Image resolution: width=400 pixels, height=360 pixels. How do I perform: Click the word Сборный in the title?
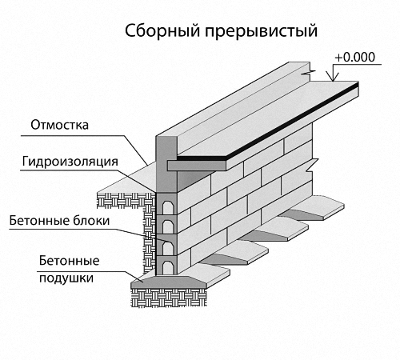(x=162, y=31)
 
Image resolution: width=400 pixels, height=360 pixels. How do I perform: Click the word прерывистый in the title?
(x=262, y=32)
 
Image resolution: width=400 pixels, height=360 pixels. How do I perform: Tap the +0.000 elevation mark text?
(x=355, y=57)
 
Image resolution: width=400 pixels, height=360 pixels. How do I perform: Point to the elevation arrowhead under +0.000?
(x=333, y=78)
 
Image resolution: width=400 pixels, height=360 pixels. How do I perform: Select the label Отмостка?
(x=59, y=125)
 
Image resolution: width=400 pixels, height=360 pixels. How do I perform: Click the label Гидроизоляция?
(x=70, y=162)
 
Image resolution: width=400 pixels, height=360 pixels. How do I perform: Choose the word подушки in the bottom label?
(x=66, y=278)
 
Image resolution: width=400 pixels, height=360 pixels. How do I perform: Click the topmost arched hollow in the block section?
(x=167, y=207)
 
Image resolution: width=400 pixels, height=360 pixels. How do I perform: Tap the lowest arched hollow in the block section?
(x=167, y=267)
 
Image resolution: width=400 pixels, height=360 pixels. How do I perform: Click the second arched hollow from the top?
(x=167, y=227)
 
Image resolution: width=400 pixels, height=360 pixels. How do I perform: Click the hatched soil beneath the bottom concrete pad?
(x=169, y=298)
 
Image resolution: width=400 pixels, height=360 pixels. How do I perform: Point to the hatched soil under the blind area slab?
(x=126, y=200)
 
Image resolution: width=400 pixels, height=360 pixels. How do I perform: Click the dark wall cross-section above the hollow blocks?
(x=166, y=165)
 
